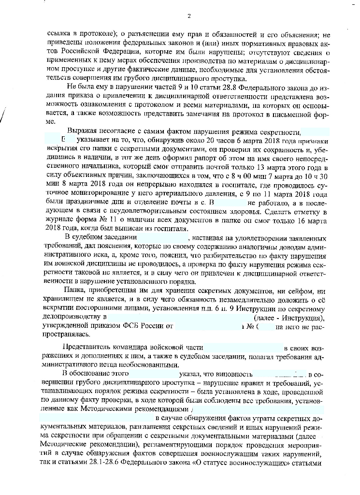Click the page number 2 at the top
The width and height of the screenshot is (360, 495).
[189, 16]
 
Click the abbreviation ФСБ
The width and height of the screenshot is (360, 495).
[137, 326]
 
